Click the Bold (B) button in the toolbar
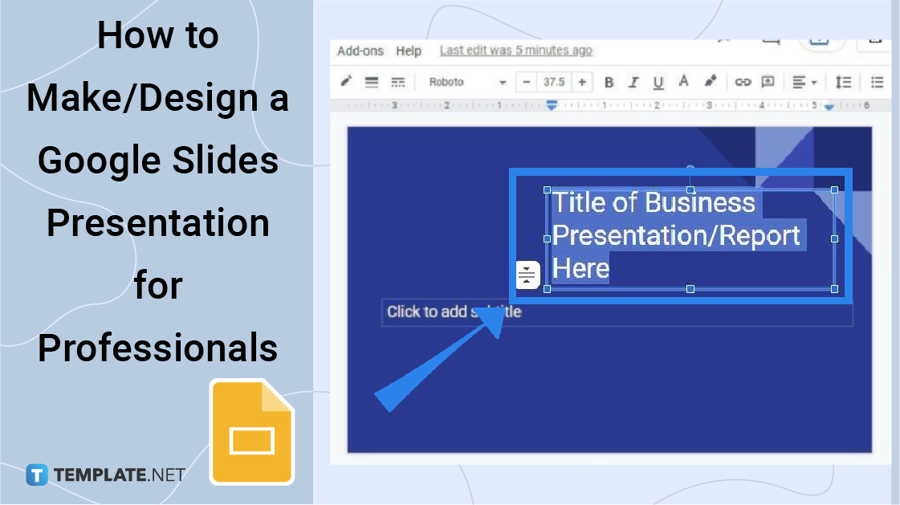click(x=609, y=82)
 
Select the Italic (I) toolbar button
click(x=633, y=82)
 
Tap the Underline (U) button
click(x=658, y=82)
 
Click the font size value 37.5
click(x=554, y=82)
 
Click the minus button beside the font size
click(x=527, y=82)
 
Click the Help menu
click(x=409, y=51)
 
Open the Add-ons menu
click(x=360, y=51)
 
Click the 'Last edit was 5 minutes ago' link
click(x=515, y=51)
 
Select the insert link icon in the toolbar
click(x=743, y=82)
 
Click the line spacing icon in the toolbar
click(x=843, y=82)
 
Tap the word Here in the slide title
click(x=580, y=268)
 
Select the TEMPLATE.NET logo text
click(x=119, y=475)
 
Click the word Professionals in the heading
click(x=158, y=348)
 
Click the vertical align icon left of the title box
click(x=527, y=275)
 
